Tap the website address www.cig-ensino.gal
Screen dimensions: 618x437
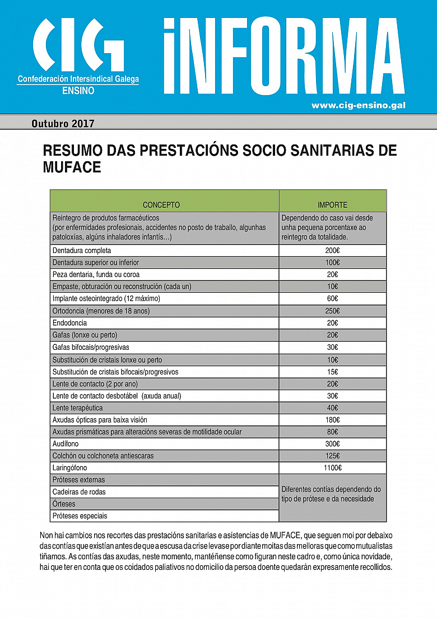click(x=358, y=105)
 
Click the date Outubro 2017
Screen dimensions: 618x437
click(x=63, y=123)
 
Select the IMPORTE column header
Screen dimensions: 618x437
click(x=332, y=205)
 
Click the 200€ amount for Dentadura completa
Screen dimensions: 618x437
click(x=332, y=250)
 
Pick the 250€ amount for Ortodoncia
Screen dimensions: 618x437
click(x=332, y=311)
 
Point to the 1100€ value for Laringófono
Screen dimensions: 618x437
click(x=332, y=467)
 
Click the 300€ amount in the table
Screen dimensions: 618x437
click(x=332, y=443)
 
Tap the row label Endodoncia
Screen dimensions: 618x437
click(x=69, y=323)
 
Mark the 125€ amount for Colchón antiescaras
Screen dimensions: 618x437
click(x=332, y=456)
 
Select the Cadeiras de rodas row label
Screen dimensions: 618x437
click(x=79, y=491)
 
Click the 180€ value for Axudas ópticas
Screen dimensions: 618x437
click(x=332, y=419)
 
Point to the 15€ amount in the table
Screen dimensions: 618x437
click(x=332, y=372)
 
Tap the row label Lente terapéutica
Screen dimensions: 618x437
click(x=77, y=408)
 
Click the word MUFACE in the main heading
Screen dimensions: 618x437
click(x=72, y=167)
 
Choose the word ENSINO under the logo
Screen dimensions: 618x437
click(x=78, y=90)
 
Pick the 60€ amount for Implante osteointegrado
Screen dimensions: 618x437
click(x=332, y=298)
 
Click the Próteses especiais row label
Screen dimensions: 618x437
click(x=80, y=516)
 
